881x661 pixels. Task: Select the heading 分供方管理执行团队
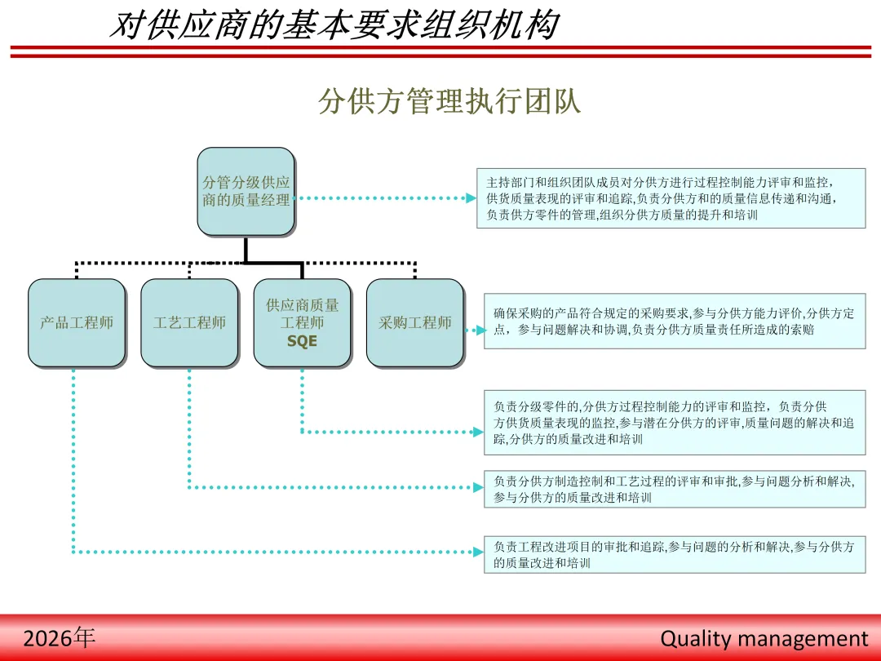[x=449, y=102]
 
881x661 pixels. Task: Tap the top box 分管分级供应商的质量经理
[x=246, y=192]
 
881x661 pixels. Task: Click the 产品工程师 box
[x=77, y=323]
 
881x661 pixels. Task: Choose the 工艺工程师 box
[x=189, y=323]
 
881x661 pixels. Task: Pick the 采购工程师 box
[x=414, y=323]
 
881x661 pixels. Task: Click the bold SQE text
[x=302, y=342]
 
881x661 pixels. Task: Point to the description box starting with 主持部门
[x=671, y=198]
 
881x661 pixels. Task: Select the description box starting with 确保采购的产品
[x=674, y=322]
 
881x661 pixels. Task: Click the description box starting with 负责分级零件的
[x=674, y=423]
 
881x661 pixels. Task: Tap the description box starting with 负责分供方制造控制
[x=674, y=489]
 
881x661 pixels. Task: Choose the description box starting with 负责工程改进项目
[x=674, y=554]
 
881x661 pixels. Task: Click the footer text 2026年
[x=59, y=637]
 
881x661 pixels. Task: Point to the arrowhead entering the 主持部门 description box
[x=471, y=198]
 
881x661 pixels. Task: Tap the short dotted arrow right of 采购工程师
[x=475, y=330]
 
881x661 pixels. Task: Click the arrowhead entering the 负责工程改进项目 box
[x=479, y=552]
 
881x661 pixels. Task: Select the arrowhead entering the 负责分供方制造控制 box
[x=479, y=487]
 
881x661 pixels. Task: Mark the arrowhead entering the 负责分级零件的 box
[x=479, y=432]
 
